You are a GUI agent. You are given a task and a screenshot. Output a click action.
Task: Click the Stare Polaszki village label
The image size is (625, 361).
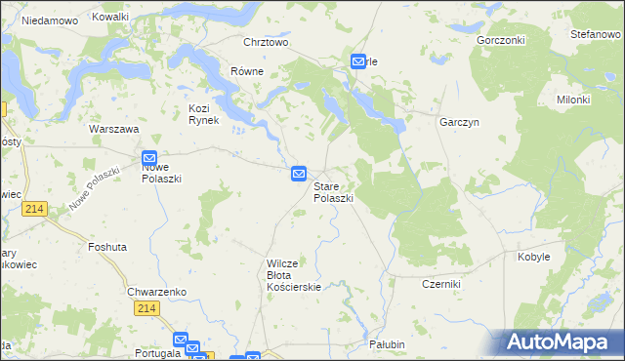point(333,190)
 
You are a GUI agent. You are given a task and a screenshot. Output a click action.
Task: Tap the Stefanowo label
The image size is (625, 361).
point(596,34)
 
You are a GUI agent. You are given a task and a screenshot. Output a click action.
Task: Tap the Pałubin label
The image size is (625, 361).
point(387,344)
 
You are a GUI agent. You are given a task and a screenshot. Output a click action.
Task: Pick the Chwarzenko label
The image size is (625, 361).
point(150,291)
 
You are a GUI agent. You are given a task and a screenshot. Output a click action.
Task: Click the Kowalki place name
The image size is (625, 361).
point(109,18)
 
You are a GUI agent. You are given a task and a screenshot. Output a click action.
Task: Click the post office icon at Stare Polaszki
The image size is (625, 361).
point(299,174)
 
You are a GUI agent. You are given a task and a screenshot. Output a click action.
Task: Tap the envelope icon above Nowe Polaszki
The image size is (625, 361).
point(149,158)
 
